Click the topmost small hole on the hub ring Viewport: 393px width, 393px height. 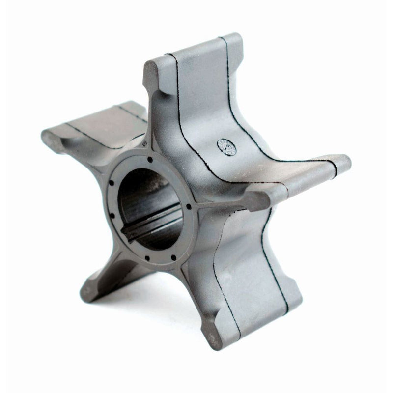(148, 159)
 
